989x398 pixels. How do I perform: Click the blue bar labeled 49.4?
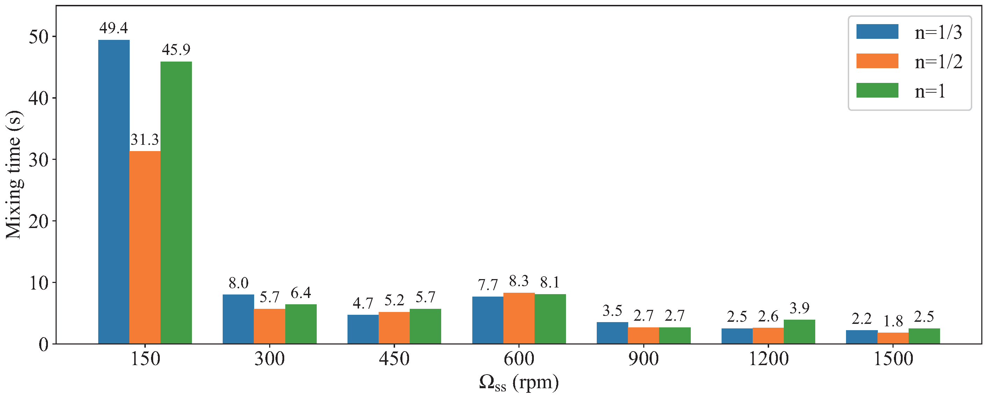click(114, 192)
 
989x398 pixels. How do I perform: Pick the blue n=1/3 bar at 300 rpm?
click(238, 319)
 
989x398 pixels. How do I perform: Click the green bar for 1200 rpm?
click(799, 332)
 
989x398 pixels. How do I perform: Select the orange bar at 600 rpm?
click(519, 319)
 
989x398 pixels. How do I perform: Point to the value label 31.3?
click(144, 140)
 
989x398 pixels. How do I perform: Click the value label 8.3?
click(519, 281)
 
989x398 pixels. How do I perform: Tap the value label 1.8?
click(893, 321)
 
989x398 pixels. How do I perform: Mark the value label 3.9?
click(799, 308)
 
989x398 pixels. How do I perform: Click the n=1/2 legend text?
click(938, 62)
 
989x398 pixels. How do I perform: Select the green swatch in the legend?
click(877, 91)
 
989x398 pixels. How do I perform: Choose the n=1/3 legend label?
click(938, 33)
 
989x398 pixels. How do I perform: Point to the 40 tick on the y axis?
click(38, 98)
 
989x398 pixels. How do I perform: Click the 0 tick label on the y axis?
click(43, 344)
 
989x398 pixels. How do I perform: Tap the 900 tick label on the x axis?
click(643, 359)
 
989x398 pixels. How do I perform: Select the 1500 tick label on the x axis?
click(893, 359)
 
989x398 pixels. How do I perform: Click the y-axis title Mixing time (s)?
click(14, 175)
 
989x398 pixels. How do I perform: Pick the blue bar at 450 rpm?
click(363, 329)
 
